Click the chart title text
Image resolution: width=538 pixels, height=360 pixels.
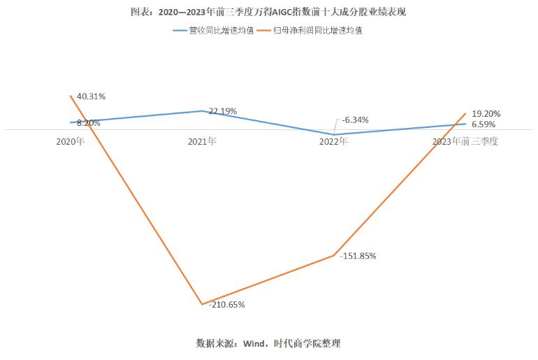pos(268,13)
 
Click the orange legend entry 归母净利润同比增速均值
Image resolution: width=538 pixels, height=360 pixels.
pos(317,31)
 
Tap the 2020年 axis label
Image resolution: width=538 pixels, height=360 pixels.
pos(71,141)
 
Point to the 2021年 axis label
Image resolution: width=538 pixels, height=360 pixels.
pos(202,141)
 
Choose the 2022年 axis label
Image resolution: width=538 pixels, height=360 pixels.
pos(333,141)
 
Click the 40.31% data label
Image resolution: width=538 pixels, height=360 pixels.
pos(92,96)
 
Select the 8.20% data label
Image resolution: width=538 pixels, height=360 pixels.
pos(89,123)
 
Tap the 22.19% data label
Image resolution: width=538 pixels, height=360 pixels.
pos(223,111)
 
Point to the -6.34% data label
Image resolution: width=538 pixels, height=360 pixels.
pos(356,120)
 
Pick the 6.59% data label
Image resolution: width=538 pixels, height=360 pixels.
pos(484,124)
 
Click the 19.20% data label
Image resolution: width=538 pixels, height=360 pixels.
pos(486,113)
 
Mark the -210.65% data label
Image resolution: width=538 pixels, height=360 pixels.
pos(223,305)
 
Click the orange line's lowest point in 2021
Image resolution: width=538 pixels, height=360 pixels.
pos(202,304)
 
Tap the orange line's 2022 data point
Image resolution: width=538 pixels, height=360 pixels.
pos(334,256)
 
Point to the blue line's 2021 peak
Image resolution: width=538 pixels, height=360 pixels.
pos(202,110)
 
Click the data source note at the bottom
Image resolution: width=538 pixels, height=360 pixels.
pos(268,343)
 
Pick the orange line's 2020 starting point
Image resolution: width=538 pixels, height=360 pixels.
pos(71,96)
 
